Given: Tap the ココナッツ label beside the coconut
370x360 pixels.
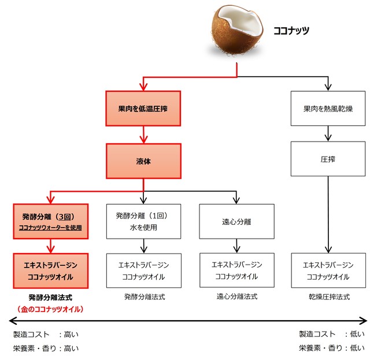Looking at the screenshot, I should (x=291, y=29).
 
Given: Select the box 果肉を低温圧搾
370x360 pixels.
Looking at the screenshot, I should (x=143, y=108).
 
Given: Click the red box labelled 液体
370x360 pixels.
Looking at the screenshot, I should (x=143, y=161).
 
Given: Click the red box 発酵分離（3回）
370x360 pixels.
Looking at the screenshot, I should (x=51, y=221).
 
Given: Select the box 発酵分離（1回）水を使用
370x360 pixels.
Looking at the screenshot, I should (x=144, y=221).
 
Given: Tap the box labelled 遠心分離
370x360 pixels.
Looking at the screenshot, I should (x=236, y=221).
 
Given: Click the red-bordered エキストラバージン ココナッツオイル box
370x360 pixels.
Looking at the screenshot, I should (x=51, y=270).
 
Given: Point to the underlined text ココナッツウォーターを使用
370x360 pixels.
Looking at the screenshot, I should (x=51, y=228).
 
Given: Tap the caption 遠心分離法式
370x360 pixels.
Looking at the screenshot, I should (x=236, y=296).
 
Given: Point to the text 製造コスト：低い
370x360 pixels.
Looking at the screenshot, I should (x=331, y=334).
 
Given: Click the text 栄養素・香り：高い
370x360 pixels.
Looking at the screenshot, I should (x=46, y=348).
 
